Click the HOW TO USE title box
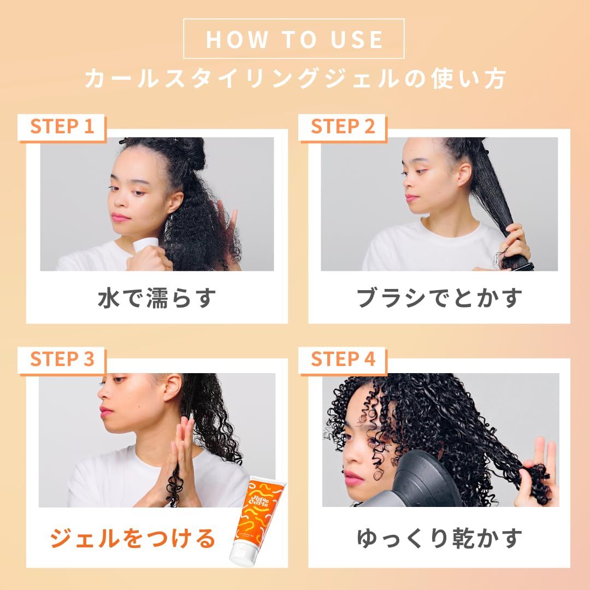[294, 39]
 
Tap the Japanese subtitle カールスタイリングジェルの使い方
[295, 78]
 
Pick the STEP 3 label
[62, 359]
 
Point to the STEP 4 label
[343, 359]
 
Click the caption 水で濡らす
[157, 298]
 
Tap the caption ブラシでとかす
[439, 298]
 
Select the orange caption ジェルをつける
[133, 538]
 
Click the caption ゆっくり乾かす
[439, 538]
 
